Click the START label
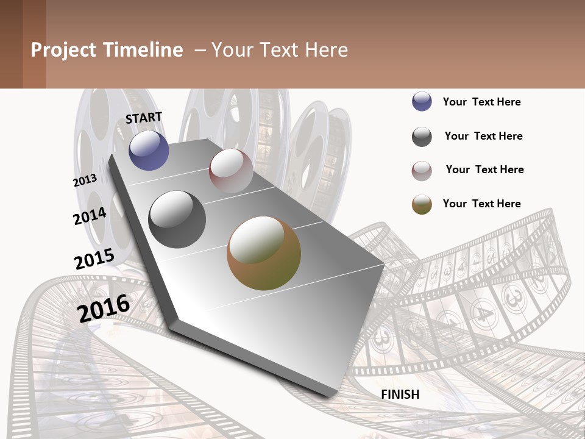coord(144,117)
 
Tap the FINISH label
coord(400,394)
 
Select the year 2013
coord(85,180)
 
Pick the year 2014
coord(90,216)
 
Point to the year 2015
coord(94,259)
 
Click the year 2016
coord(104,307)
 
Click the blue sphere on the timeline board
coord(149,150)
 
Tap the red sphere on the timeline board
coord(231,170)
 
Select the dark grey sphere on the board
coord(177,219)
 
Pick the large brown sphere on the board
coord(264,253)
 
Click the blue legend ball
coord(422,102)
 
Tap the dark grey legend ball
coord(422,137)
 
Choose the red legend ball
coord(422,171)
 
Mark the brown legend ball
coord(422,204)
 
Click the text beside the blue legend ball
coord(481,102)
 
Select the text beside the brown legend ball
coord(481,204)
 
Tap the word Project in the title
coord(64,50)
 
